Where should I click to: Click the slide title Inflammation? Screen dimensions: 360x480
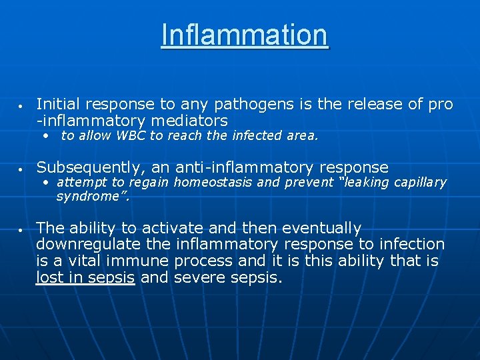tap(244, 35)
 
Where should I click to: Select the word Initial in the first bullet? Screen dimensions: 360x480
tap(56, 104)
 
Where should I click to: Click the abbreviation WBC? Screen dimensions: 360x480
tap(131, 136)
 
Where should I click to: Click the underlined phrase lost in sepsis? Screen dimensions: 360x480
tap(85, 277)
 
